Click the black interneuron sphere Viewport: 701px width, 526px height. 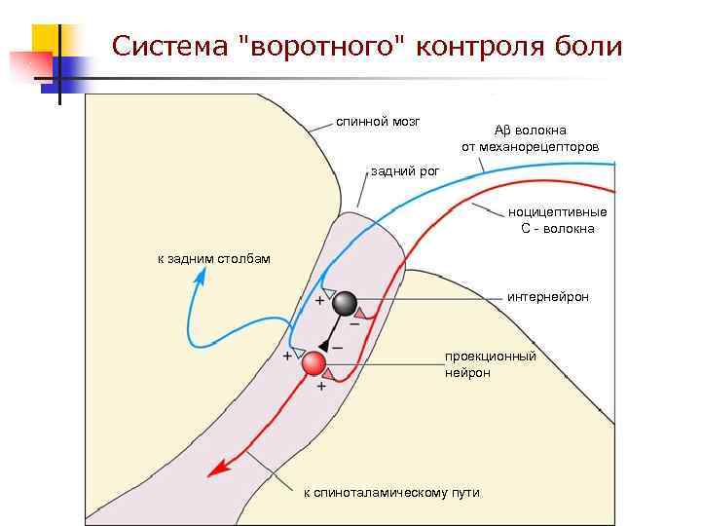(345, 305)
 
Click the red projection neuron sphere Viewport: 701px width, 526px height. (314, 364)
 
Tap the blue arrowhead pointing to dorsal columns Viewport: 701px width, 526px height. (202, 276)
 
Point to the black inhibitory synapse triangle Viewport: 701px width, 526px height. (324, 345)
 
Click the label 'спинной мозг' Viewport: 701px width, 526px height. (378, 122)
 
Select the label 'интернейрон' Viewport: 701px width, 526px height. (548, 296)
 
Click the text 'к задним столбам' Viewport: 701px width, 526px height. (214, 259)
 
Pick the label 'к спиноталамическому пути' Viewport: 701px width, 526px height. (391, 493)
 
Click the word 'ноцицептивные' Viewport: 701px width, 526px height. (557, 212)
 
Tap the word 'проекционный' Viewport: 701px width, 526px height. (491, 356)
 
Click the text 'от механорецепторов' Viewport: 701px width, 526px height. (530, 147)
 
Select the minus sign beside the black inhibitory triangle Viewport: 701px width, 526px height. (337, 346)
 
